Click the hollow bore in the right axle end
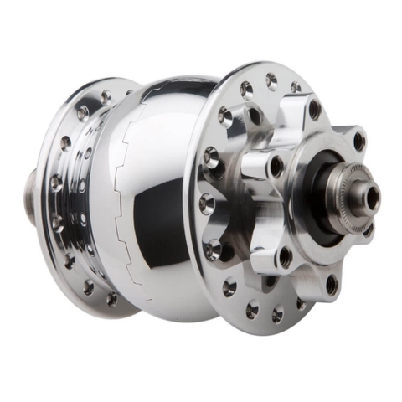click(x=372, y=198)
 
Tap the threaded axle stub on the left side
click(x=30, y=191)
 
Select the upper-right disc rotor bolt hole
click(x=359, y=142)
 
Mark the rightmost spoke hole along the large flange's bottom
click(x=300, y=304)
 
